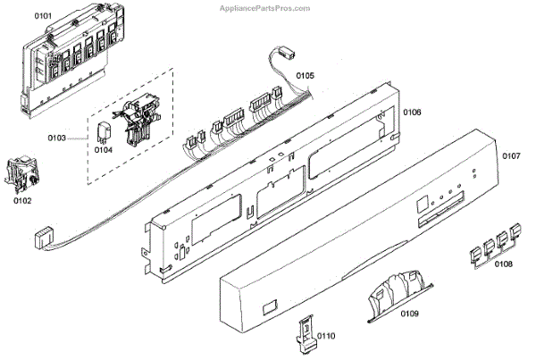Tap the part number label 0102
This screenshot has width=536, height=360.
[22, 201]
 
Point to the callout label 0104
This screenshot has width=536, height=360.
[105, 150]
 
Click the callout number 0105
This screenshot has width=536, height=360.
[306, 77]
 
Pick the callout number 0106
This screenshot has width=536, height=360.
[412, 113]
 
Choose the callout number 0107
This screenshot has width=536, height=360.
[510, 156]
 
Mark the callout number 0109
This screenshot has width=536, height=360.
[410, 315]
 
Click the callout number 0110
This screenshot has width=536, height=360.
[325, 336]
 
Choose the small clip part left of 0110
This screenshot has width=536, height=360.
[304, 331]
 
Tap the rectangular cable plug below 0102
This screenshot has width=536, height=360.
[41, 239]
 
